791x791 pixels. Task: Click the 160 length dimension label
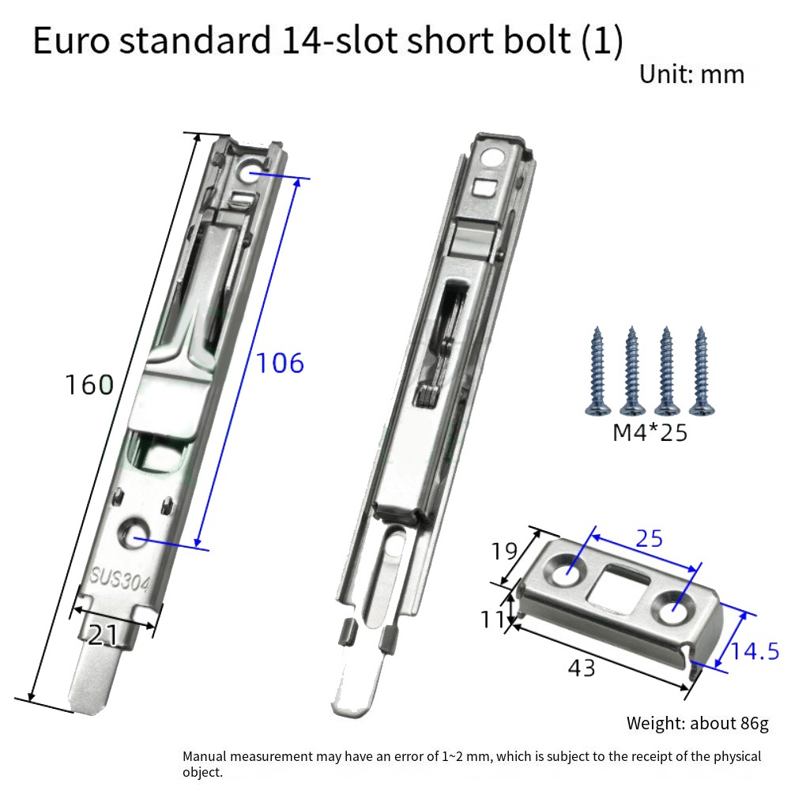click(89, 385)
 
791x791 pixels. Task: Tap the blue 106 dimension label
click(280, 363)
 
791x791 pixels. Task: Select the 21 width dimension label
click(103, 635)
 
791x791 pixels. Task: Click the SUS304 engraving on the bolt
click(119, 580)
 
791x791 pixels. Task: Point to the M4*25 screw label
click(650, 433)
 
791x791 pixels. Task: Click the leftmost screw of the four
click(597, 371)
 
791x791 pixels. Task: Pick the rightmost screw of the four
click(702, 371)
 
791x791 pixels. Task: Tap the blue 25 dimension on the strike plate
click(649, 539)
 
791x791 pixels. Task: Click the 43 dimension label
click(582, 668)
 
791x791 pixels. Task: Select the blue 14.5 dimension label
click(754, 651)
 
